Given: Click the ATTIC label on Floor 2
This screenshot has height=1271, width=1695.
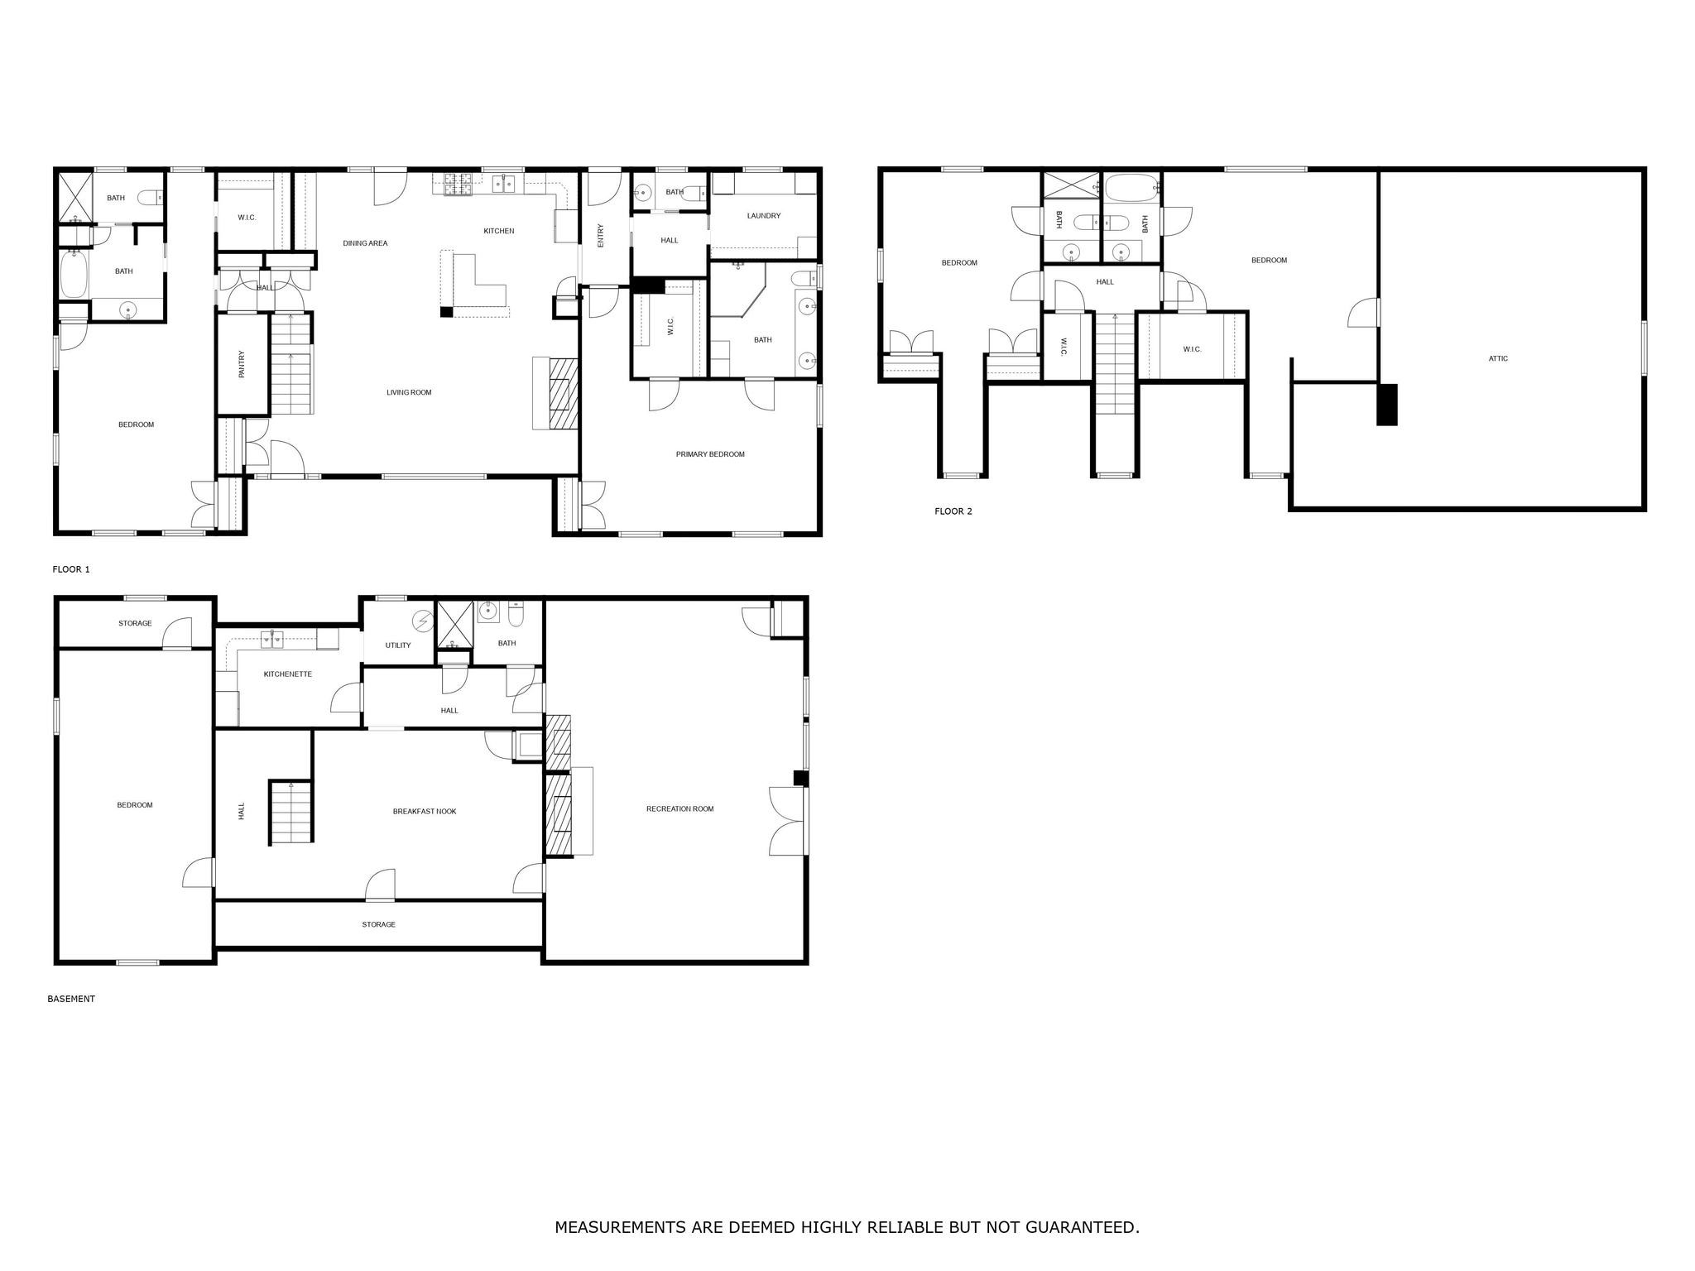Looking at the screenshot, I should tap(1498, 358).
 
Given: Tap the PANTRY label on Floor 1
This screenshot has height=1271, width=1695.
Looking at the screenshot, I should tap(242, 364).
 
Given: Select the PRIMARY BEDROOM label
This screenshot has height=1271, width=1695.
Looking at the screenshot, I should tap(709, 454).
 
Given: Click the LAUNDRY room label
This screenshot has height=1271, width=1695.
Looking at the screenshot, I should tap(763, 216).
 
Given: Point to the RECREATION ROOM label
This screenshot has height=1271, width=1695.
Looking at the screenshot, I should tap(679, 808).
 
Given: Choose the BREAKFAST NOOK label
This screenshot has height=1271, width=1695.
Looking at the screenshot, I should tap(424, 811).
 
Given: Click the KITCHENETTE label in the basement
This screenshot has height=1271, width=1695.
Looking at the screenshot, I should tap(287, 674).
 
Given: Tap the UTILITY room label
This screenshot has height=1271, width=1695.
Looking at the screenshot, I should tap(397, 645).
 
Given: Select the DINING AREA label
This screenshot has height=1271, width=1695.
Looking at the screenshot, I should tap(365, 243).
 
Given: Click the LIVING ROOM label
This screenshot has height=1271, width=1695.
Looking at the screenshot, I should tap(409, 392).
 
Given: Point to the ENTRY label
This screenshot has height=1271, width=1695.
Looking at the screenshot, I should tap(601, 236).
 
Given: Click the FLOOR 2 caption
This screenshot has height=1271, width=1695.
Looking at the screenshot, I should tap(953, 511).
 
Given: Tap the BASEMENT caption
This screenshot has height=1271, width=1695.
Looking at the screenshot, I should tap(71, 999).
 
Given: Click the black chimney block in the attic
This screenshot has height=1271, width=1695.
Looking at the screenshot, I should tap(1387, 405).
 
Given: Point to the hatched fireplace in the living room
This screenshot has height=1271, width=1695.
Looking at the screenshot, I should tap(564, 393).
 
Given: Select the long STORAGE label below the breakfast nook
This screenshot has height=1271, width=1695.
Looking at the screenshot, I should tap(378, 924).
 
